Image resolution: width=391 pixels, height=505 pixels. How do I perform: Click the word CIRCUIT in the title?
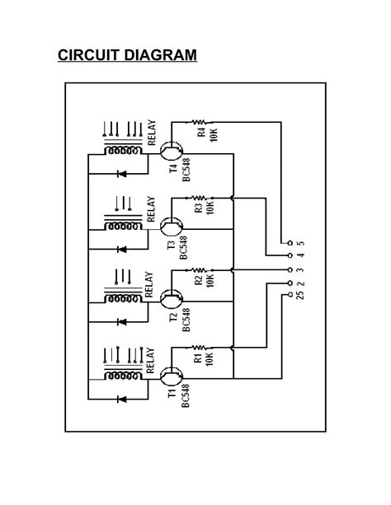pos(88,56)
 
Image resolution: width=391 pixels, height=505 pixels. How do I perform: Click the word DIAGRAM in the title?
pos(159,56)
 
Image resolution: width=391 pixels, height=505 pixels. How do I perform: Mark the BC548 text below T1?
pos(186,396)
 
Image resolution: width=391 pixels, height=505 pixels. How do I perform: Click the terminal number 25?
pos(300,294)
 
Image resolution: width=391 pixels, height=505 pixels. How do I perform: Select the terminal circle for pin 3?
pos(288,269)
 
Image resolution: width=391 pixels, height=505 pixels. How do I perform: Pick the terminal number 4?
pos(300,256)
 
